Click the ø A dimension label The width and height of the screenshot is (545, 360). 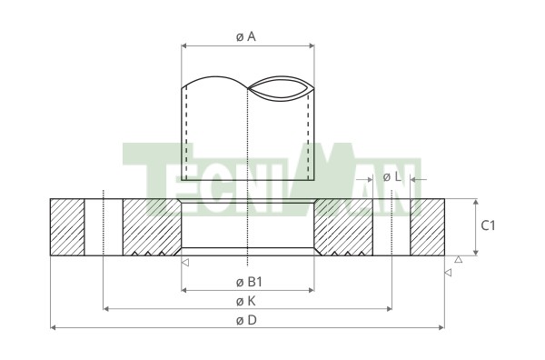pyautogui.click(x=246, y=36)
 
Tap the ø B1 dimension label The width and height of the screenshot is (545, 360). pyautogui.click(x=249, y=282)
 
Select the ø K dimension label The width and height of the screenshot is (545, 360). pyautogui.click(x=246, y=301)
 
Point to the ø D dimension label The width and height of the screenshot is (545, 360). pyautogui.click(x=246, y=320)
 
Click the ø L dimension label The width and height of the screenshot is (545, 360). pyautogui.click(x=392, y=177)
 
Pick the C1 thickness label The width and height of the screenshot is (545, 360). pyautogui.click(x=488, y=225)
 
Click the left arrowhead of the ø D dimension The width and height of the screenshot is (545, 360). pyautogui.click(x=54, y=327)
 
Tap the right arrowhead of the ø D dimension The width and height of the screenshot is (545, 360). pyautogui.click(x=441, y=327)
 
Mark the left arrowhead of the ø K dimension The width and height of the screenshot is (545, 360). pyautogui.click(x=106, y=308)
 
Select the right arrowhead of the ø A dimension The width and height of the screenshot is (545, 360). pyautogui.click(x=312, y=45)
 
